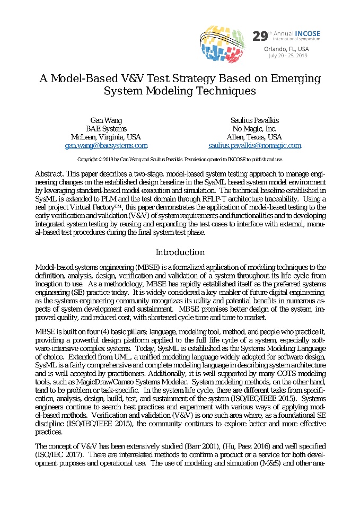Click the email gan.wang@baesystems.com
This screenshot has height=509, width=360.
106,145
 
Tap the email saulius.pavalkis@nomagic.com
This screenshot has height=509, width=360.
254,145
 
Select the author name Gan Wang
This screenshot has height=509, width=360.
106,120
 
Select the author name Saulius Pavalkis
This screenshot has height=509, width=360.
254,120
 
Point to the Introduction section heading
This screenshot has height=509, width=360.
180,252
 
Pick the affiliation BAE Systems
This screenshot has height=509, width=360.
106,129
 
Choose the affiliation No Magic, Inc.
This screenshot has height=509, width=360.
254,129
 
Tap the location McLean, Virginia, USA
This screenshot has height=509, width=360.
106,137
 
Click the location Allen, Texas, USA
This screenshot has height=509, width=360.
254,137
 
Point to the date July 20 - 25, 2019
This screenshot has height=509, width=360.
288,55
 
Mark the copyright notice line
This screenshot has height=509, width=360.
180,159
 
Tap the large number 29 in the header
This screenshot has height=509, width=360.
260,36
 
